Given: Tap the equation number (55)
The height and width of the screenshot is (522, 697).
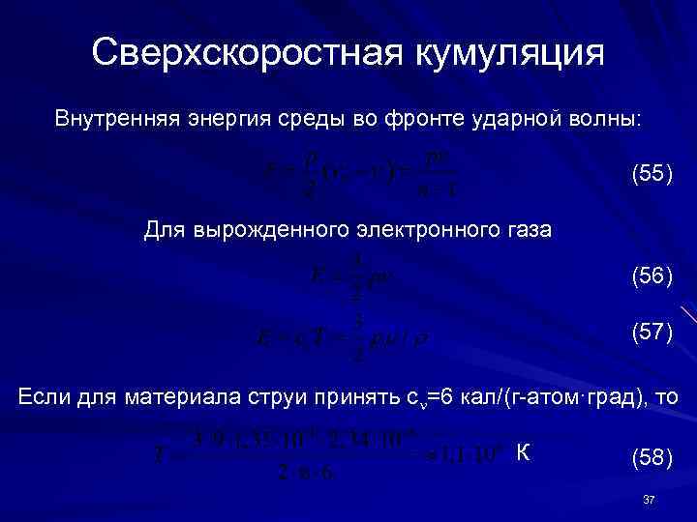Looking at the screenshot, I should [652, 175].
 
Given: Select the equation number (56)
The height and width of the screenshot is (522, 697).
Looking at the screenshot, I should [652, 277].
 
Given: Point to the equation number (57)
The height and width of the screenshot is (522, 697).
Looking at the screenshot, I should [652, 333].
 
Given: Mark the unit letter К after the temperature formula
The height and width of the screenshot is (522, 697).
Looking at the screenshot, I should [523, 451].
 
